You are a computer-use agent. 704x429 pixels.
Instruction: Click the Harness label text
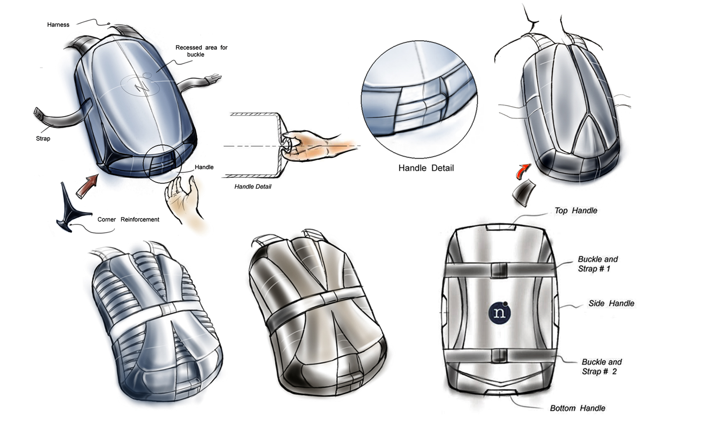point(58,25)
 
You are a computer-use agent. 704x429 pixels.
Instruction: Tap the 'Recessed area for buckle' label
point(201,51)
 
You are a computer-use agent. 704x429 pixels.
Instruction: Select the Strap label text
point(43,138)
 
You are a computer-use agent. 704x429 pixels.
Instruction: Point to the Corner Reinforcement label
point(128,220)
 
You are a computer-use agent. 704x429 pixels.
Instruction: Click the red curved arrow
point(523,170)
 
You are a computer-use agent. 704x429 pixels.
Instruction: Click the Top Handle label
point(576,210)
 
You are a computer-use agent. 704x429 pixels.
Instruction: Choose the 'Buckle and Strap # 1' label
point(597,264)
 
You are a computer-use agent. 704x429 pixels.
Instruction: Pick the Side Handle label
point(611,303)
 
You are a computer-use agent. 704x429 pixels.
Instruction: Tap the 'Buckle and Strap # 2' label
point(601,367)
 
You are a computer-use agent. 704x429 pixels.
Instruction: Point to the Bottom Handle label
point(577,408)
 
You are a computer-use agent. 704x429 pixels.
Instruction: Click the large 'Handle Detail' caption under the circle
point(426,168)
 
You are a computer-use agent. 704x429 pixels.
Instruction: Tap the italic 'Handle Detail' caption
point(253,186)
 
